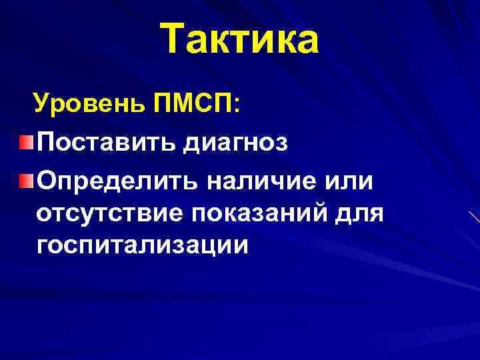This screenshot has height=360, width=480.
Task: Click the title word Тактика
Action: [240, 39]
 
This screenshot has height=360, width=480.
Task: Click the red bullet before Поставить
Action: [25, 142]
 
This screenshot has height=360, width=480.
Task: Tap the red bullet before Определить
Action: [25, 181]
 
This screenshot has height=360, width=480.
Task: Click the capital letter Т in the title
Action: [175, 39]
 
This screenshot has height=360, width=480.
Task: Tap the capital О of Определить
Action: [48, 180]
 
